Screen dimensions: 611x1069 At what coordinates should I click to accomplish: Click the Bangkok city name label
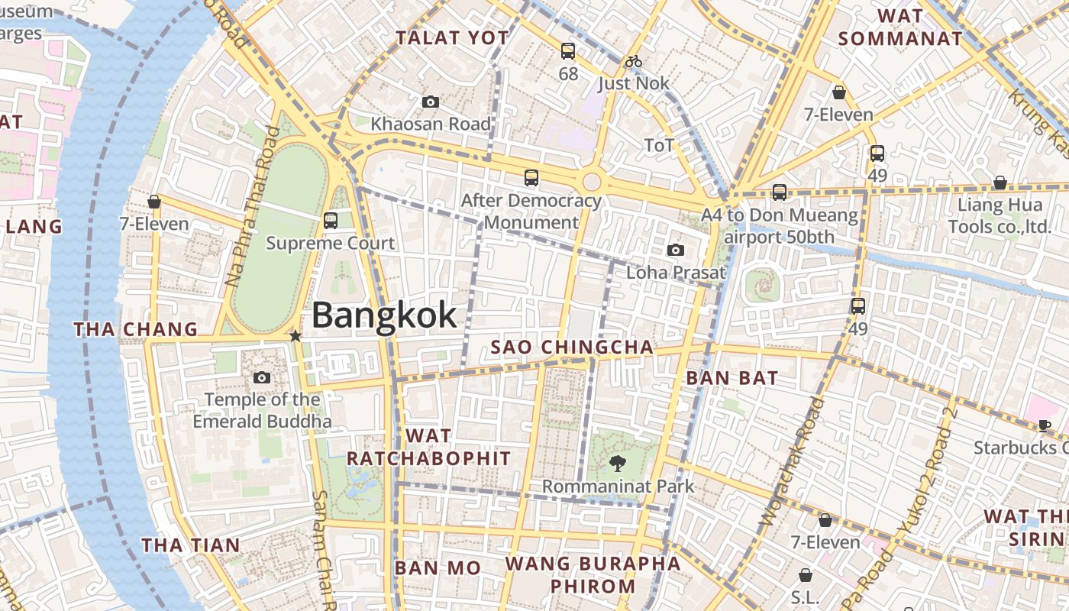coord(384,315)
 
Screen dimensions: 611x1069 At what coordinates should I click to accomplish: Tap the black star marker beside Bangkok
coord(296,336)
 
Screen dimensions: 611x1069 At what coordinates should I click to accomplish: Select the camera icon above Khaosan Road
coord(431,102)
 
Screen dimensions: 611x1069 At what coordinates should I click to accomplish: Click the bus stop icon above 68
coord(568,52)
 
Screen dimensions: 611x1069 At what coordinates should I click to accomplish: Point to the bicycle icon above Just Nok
coord(633,61)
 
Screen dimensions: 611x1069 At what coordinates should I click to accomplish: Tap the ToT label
coord(659,145)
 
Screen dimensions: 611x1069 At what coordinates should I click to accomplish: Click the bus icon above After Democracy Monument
coord(531,178)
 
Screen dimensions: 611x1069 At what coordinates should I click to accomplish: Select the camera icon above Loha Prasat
coord(675,250)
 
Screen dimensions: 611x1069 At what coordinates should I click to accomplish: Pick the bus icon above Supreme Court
coord(331,221)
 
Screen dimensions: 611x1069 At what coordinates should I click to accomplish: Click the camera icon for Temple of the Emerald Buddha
coord(262,377)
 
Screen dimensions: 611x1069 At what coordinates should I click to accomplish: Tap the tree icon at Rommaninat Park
coord(617,463)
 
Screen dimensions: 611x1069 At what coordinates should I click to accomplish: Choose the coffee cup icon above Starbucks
coord(1045,425)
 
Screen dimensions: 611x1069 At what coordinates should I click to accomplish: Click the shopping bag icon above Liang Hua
coord(1000,183)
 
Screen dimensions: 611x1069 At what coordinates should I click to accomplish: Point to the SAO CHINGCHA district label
coord(572,348)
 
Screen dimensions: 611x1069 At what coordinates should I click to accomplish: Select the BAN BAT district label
coord(732,377)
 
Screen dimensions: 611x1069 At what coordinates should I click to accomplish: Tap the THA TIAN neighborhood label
coord(191,545)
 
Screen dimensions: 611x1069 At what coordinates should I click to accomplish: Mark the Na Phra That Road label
coord(251,207)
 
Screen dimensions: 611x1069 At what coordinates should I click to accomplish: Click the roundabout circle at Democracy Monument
coord(591,182)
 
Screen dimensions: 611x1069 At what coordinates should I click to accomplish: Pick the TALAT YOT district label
coord(452,37)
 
